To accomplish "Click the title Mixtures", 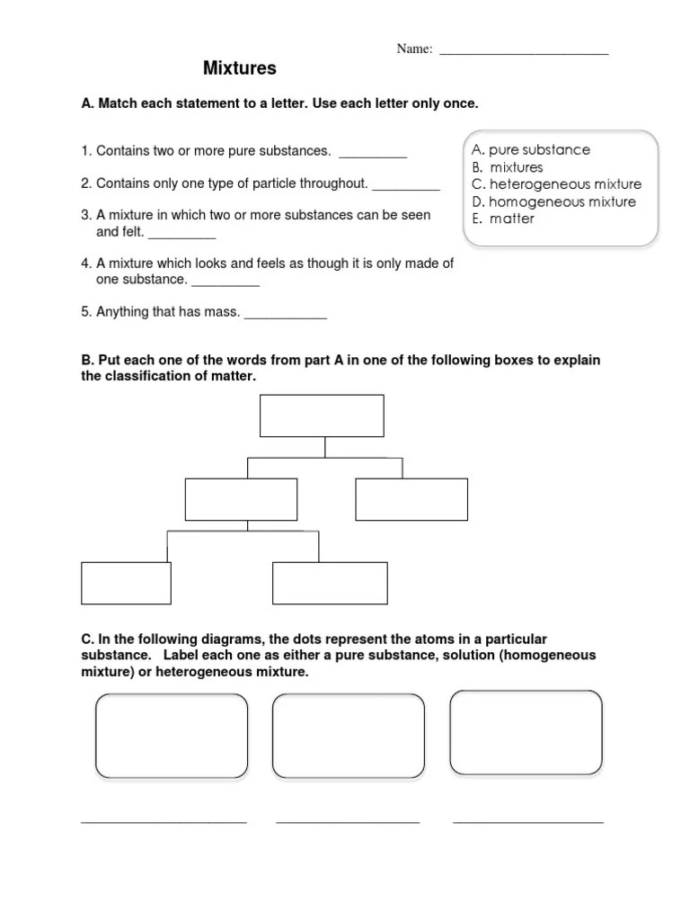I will click(x=239, y=68).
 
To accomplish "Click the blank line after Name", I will click(x=524, y=52).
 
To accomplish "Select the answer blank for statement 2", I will click(x=406, y=186).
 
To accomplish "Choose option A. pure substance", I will click(x=531, y=150).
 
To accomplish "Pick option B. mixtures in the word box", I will click(x=508, y=167).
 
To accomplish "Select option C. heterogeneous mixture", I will click(x=556, y=184).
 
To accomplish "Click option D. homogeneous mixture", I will click(x=553, y=201).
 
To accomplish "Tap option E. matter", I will click(x=503, y=219).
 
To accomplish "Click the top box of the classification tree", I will click(x=322, y=416).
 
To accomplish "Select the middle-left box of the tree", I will click(x=241, y=499).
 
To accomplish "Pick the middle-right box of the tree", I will click(x=411, y=499).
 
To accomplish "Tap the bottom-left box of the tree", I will click(x=126, y=583).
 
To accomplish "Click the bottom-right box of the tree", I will click(x=330, y=583).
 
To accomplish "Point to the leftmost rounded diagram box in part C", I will click(x=172, y=736).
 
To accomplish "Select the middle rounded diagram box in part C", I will click(x=349, y=736).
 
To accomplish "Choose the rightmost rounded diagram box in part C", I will click(x=526, y=732).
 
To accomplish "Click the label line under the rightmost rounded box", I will click(x=528, y=820).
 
